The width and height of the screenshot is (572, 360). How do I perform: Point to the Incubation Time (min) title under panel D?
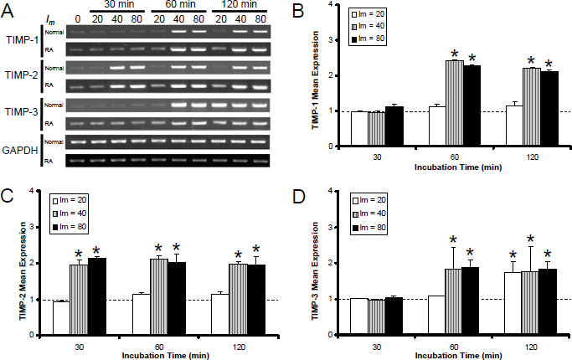pyautogui.click(x=454, y=353)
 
